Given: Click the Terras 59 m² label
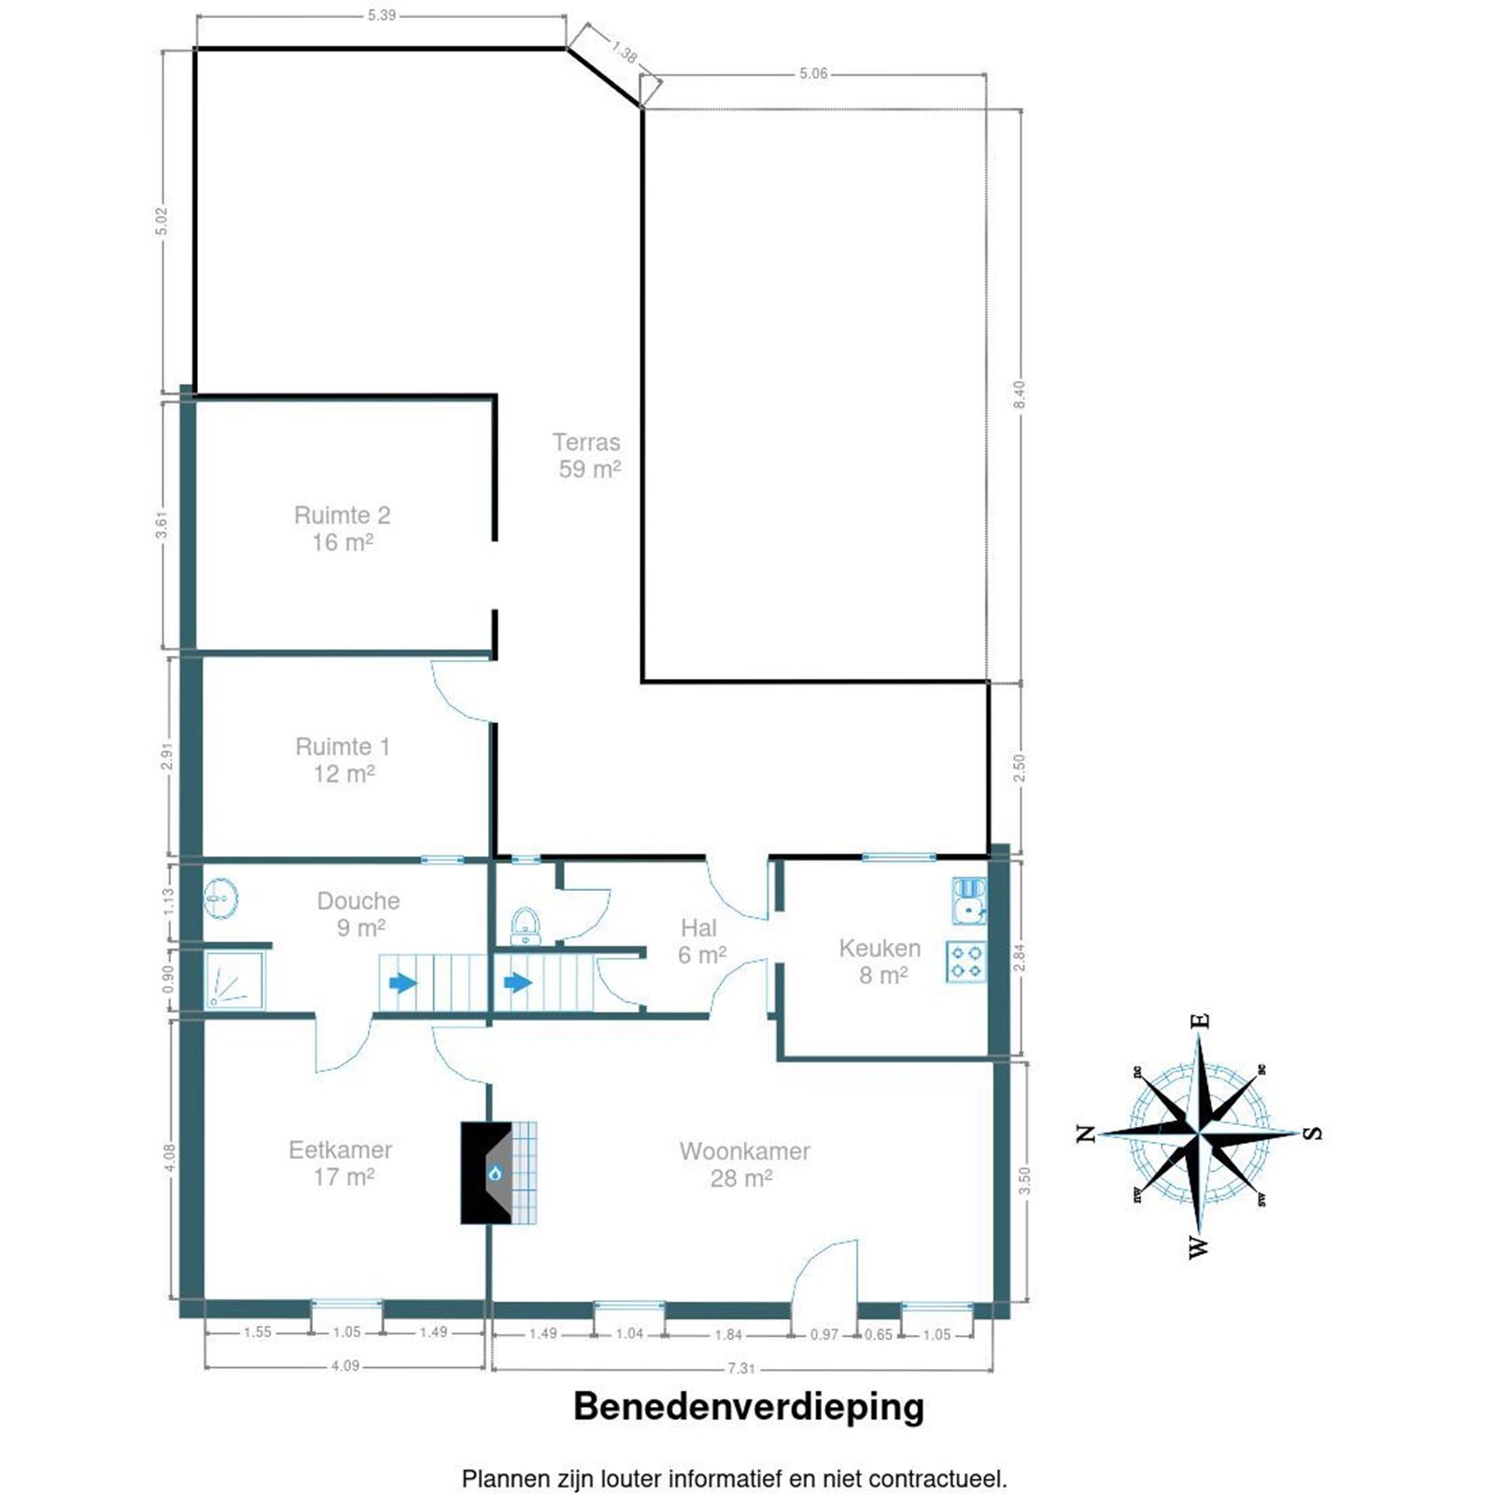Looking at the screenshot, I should point(586,456).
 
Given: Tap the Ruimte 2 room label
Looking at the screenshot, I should point(342,529).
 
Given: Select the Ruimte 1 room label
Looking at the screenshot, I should point(343,760).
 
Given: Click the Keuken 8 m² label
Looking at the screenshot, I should point(879,961).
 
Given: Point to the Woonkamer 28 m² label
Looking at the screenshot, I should point(744,1163).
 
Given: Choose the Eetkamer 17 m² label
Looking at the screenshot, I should point(340,1163).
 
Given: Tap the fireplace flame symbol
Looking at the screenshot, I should point(495,1173).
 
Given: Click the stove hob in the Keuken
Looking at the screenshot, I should point(965,962).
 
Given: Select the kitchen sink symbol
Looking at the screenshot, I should point(969,899).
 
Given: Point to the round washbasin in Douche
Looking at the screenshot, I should point(220,898).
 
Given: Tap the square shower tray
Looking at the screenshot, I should point(234,980).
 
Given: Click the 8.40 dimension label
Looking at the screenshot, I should point(1020,394).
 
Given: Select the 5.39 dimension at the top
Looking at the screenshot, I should point(381,16).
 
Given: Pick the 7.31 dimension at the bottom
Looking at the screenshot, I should point(740,1368).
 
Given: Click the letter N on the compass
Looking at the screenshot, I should point(1085,1134).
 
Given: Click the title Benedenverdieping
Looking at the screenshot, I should point(748,1406).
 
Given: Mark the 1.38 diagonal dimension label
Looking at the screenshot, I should point(624,52).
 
